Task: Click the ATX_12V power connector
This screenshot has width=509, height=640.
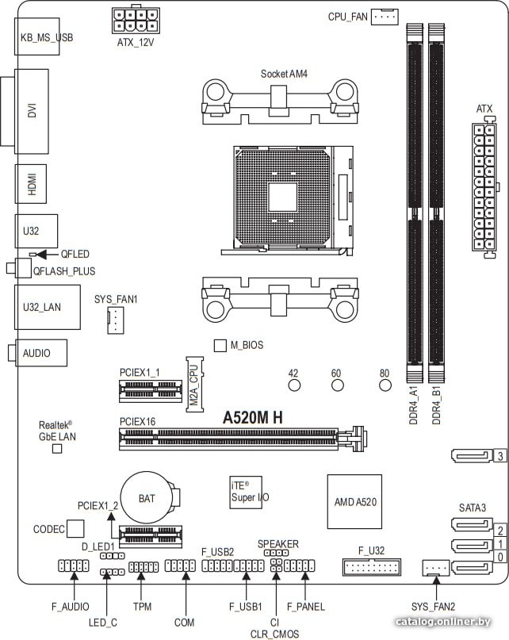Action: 136,20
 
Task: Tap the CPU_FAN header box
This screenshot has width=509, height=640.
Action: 385,17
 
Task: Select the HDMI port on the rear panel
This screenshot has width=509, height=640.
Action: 31,184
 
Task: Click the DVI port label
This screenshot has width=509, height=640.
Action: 33,110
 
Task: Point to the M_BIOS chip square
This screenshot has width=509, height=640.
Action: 220,345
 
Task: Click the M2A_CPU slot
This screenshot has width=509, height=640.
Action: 195,384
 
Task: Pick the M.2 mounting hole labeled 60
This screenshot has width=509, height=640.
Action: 337,385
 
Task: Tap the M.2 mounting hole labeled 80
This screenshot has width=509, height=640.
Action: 385,385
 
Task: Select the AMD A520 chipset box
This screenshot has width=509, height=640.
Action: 354,502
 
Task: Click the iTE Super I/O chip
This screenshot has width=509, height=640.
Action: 246,492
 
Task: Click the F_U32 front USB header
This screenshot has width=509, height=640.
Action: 372,567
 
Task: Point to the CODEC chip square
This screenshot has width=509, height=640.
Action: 75,528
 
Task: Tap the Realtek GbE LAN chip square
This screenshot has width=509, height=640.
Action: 57,449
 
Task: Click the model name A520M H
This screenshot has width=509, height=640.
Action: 252,418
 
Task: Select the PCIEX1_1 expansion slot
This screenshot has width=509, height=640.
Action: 150,391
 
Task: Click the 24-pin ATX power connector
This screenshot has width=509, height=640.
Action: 484,188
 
